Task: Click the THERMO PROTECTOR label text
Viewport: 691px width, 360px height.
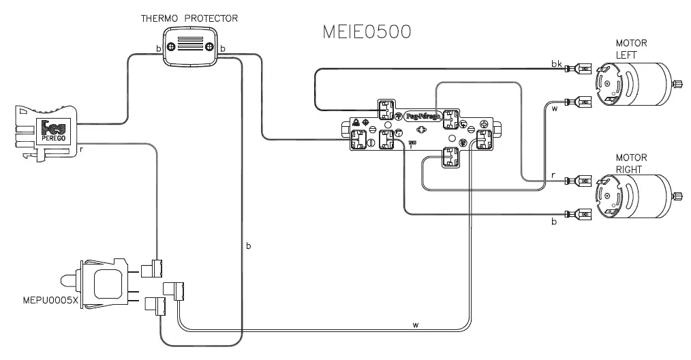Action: pyautogui.click(x=189, y=18)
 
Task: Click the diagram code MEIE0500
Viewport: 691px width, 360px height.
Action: pyautogui.click(x=366, y=33)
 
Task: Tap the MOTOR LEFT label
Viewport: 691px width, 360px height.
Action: pyautogui.click(x=631, y=48)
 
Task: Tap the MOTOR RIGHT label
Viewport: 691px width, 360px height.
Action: pyautogui.click(x=631, y=163)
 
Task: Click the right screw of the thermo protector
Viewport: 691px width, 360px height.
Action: pyautogui.click(x=209, y=48)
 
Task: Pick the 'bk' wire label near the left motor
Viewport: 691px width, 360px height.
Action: pyautogui.click(x=556, y=63)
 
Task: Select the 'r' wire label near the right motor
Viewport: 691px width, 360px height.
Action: pyautogui.click(x=553, y=176)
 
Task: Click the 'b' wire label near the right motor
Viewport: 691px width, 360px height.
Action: pyautogui.click(x=553, y=222)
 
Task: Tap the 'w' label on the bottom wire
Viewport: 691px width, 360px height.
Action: pyautogui.click(x=415, y=325)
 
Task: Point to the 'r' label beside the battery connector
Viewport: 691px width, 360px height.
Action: pyautogui.click(x=82, y=147)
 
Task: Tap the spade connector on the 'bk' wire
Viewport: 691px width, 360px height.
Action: pyautogui.click(x=583, y=68)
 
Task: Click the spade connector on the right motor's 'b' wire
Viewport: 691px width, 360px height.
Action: pyautogui.click(x=583, y=214)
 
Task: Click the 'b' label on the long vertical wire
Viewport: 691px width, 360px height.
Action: pyautogui.click(x=249, y=245)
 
